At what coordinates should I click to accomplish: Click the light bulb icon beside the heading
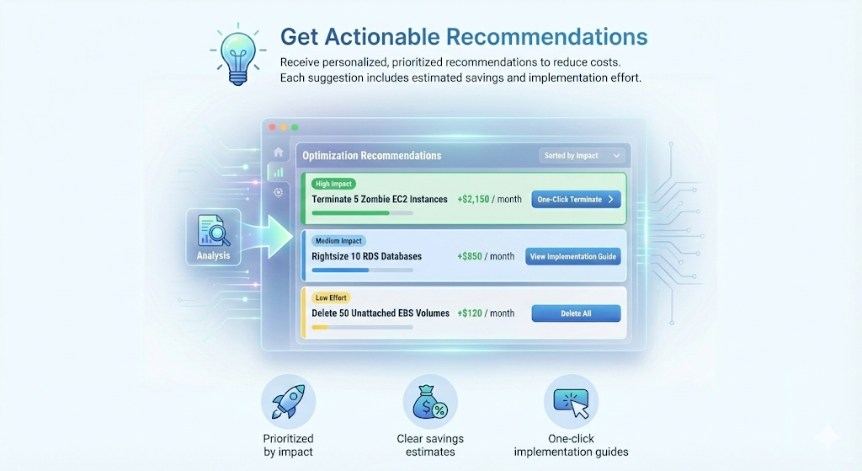point(236,53)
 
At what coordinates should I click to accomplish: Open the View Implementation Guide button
point(573,256)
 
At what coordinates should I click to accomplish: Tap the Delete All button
point(576,313)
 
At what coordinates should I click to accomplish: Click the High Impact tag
point(333,184)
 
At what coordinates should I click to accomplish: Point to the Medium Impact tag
point(339,241)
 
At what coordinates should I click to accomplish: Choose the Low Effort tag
point(331,297)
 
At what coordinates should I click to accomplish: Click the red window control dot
point(272,127)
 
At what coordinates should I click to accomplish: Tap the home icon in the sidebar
point(278,153)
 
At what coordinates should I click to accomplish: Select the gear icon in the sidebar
point(278,192)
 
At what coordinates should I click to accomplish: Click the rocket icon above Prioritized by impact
point(288,403)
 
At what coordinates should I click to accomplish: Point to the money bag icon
point(430,403)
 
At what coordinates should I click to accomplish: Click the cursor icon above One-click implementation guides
point(572,403)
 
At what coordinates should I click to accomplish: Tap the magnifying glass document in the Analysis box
point(212,230)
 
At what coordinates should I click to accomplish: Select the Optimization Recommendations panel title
point(371,156)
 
